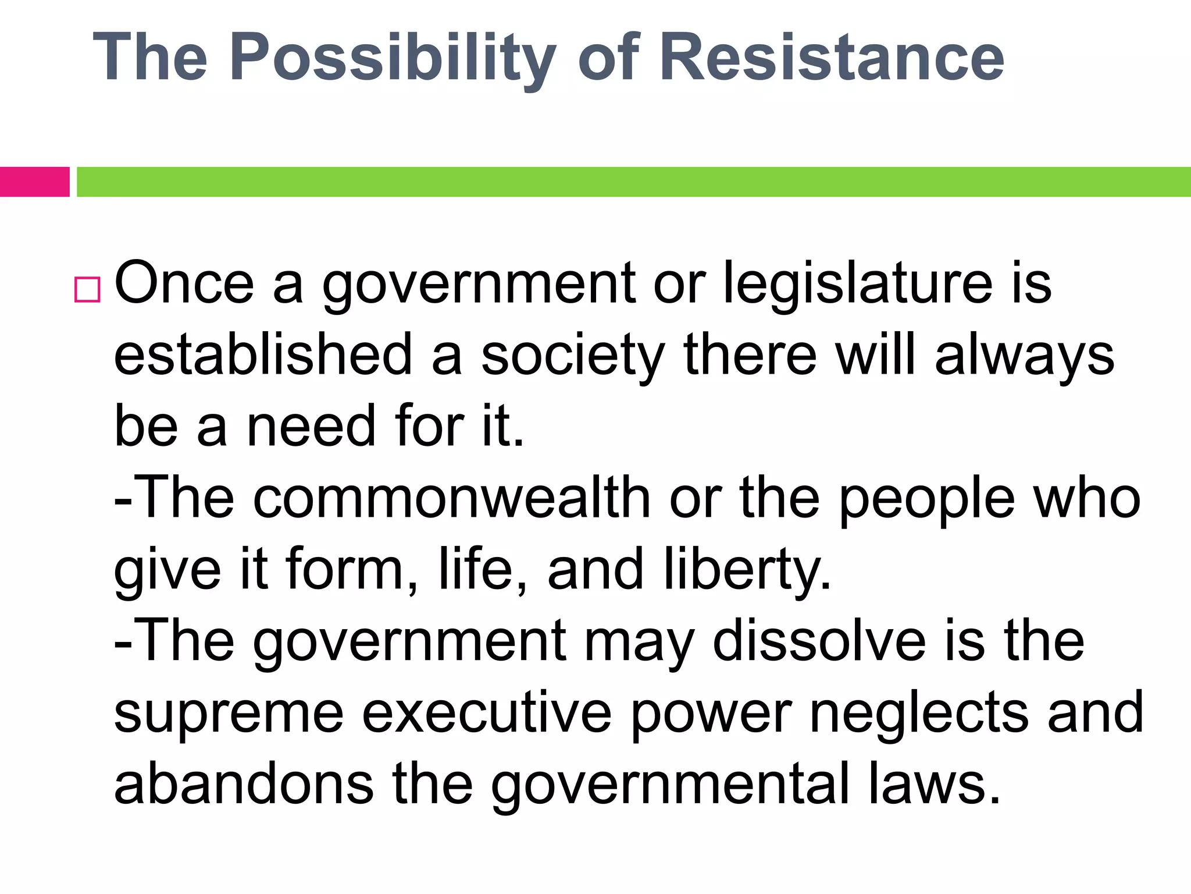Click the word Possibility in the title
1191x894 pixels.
(x=393, y=58)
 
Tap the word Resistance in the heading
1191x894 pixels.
(x=832, y=58)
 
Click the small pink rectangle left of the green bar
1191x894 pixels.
(x=34, y=182)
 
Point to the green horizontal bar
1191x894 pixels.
(x=634, y=182)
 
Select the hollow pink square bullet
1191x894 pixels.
(x=87, y=289)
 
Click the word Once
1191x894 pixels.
(x=184, y=283)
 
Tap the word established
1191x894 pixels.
(x=263, y=355)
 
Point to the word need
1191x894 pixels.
(x=311, y=427)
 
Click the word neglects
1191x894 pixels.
(x=919, y=714)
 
